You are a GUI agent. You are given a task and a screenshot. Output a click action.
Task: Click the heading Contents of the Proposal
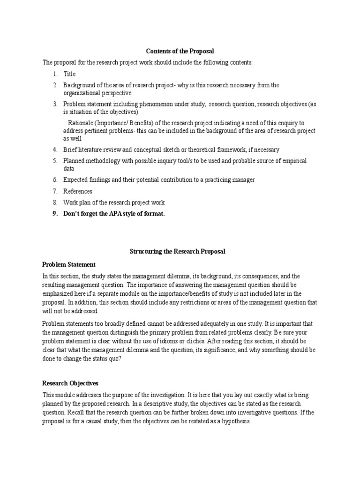point(180,51)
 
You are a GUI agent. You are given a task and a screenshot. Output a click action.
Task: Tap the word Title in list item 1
point(69,74)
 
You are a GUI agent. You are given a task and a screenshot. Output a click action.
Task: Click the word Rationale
point(81,124)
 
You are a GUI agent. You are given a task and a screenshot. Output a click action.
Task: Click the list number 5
point(55,161)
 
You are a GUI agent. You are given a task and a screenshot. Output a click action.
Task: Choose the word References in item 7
point(78,191)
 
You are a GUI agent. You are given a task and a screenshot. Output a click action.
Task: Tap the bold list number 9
point(55,214)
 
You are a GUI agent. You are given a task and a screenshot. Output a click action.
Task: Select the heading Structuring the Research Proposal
point(177,251)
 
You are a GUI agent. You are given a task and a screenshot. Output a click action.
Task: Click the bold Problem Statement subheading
point(69,264)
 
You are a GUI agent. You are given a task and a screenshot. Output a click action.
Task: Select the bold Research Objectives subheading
point(70,383)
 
